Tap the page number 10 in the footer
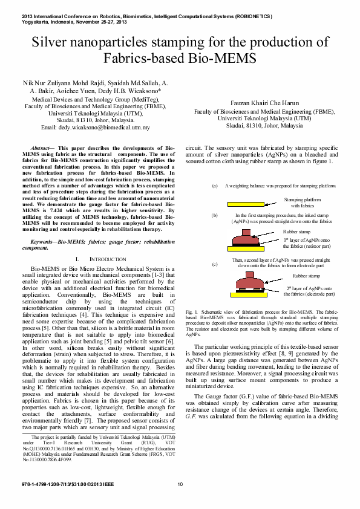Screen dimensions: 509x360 click(180, 484)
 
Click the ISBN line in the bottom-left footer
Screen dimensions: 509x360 click(62, 484)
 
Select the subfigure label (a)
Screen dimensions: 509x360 click(215, 186)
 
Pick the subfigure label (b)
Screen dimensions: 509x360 click(215, 215)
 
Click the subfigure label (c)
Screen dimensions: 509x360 click(215, 265)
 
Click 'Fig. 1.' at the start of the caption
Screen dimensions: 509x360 click(191, 311)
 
